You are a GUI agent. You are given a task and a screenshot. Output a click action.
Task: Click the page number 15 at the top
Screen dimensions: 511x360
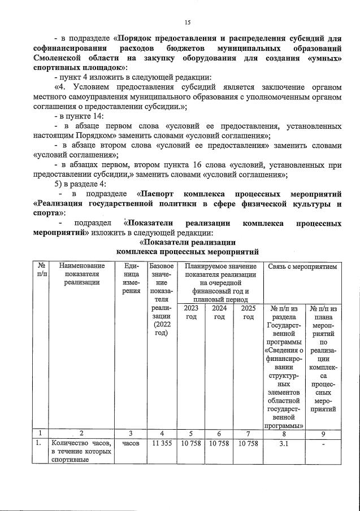click(188, 23)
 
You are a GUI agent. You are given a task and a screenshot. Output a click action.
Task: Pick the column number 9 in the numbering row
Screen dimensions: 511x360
click(323, 433)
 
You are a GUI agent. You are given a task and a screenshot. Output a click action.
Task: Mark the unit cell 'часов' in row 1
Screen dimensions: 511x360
click(130, 443)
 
